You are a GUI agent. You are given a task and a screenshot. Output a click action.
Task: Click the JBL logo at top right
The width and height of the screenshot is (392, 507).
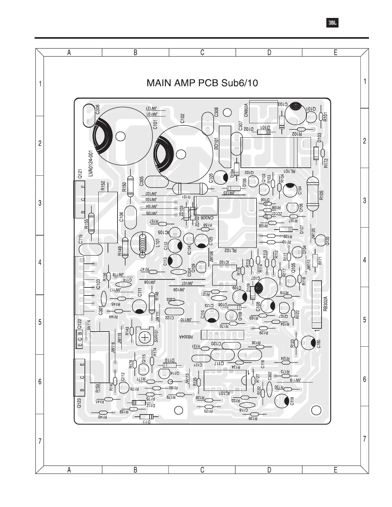click(332, 23)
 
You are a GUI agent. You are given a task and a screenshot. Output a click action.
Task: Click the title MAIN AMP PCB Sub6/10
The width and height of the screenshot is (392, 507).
click(202, 83)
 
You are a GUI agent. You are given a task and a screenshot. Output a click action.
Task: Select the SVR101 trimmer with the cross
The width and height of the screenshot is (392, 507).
click(146, 337)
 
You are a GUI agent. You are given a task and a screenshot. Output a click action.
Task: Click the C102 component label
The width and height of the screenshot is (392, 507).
click(182, 118)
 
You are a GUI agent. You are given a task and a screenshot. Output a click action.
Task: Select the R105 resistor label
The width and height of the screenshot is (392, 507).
click(322, 195)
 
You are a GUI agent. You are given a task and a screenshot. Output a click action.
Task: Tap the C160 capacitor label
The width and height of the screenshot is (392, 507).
click(318, 344)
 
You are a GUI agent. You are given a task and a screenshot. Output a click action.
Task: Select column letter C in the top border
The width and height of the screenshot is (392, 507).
click(202, 53)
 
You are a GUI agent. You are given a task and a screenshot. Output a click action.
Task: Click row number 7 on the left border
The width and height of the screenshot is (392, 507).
click(40, 441)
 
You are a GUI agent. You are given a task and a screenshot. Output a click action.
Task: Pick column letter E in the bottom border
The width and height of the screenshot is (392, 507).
click(335, 470)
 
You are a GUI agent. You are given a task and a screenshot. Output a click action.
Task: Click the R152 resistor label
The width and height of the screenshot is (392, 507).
click(103, 186)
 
